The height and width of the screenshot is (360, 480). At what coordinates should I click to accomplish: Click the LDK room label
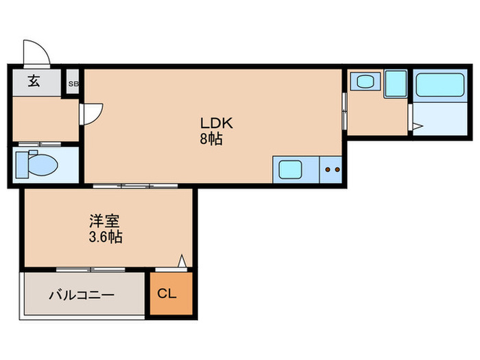coord(217,123)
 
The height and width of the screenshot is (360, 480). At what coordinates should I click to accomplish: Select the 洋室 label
coord(105,222)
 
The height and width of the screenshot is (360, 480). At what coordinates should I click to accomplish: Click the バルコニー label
coord(81,296)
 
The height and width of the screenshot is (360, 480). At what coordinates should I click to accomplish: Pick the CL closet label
coord(167,294)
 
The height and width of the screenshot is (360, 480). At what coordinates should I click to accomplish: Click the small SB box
coord(73,84)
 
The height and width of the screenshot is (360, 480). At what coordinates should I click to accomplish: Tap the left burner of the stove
coord(328,168)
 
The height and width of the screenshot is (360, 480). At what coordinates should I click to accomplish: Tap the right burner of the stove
coord(337,168)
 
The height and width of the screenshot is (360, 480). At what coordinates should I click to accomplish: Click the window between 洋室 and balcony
coord(86,269)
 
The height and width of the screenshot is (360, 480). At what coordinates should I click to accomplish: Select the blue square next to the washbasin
coord(396,83)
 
